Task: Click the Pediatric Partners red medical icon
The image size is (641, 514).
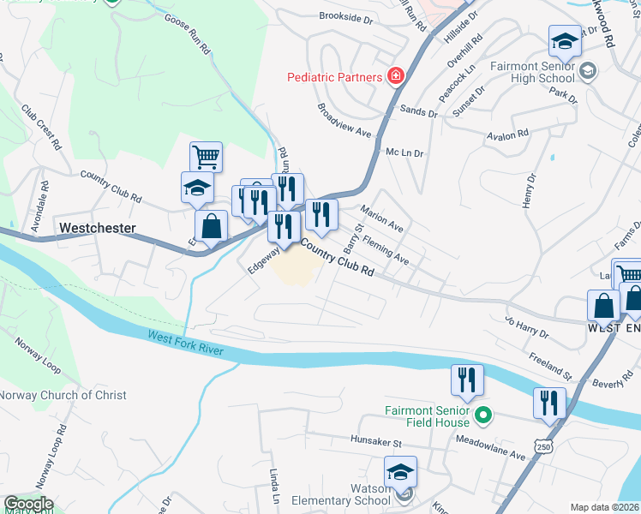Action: click(395, 77)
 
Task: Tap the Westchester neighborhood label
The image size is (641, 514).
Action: click(98, 229)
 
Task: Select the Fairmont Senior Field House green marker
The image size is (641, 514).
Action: click(483, 416)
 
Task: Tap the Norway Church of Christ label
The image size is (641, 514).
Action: click(63, 395)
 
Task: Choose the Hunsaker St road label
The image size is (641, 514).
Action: click(375, 443)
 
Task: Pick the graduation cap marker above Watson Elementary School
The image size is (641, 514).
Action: click(400, 472)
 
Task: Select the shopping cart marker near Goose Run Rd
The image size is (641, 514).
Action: click(206, 158)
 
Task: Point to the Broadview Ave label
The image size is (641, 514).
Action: click(344, 121)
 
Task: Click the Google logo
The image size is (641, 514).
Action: click(27, 504)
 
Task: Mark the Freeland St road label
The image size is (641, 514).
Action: click(549, 365)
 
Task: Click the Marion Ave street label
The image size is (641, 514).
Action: click(381, 218)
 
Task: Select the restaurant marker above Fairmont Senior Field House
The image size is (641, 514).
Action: click(467, 380)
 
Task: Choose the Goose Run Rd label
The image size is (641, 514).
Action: click(187, 34)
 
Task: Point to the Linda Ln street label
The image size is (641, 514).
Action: click(275, 487)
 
